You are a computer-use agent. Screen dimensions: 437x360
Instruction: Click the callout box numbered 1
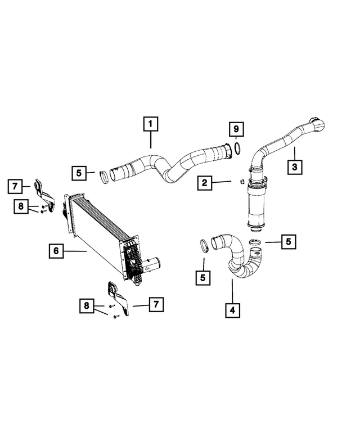[x=151, y=123]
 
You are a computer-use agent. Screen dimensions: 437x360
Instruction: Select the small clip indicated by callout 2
[x=240, y=181]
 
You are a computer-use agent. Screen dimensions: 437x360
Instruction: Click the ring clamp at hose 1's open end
[x=104, y=177]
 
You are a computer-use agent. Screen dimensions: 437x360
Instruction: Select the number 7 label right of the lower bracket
[x=155, y=304]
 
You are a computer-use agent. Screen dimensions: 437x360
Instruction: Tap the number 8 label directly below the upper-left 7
[x=21, y=206]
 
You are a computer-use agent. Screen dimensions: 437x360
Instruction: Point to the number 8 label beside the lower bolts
[x=86, y=305]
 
